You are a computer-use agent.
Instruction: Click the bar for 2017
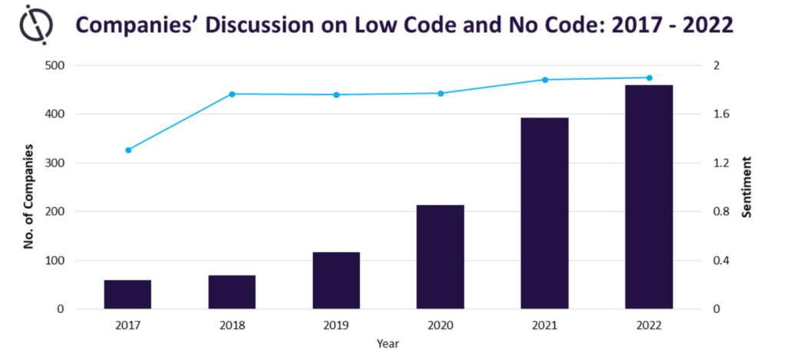pos(127,295)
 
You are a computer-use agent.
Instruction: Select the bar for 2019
pos(336,280)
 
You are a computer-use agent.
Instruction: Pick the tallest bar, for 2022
pos(649,197)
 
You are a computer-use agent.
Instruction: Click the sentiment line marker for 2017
pos(128,150)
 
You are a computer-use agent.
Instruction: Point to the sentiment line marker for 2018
pos(232,94)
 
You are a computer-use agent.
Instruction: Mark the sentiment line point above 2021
pos(545,80)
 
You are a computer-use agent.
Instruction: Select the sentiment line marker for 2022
pos(649,78)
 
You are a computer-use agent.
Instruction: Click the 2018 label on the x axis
pos(232,325)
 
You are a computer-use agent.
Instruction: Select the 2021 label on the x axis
pos(544,325)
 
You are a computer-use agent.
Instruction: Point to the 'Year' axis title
pos(388,344)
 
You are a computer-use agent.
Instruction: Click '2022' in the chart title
pos(705,25)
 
